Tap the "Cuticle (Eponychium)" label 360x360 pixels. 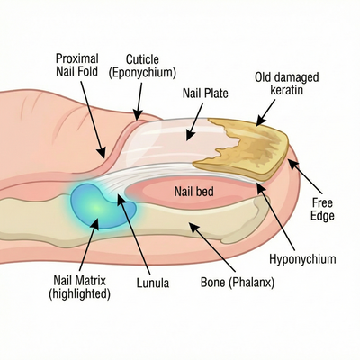[142, 65]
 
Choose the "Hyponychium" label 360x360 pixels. [303, 259]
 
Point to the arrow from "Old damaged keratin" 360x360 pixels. [266, 112]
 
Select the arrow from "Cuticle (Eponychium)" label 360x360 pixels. [138, 100]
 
